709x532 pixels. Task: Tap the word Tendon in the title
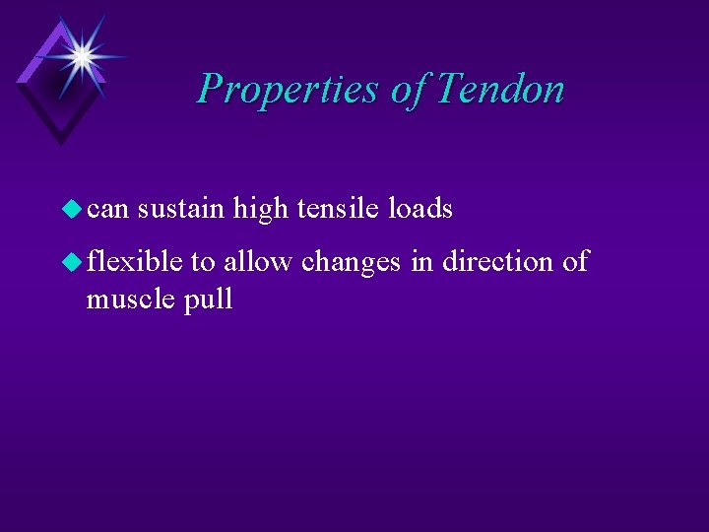[x=500, y=89]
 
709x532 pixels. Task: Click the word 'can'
[x=107, y=210]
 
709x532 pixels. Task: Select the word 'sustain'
[x=181, y=209]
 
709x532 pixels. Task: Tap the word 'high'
[x=260, y=209]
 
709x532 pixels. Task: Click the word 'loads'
[x=420, y=208]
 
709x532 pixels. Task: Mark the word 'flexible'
[x=135, y=262]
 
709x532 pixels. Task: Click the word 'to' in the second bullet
[x=203, y=263]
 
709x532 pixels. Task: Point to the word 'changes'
[x=352, y=263]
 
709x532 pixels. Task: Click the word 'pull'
[x=208, y=299]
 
